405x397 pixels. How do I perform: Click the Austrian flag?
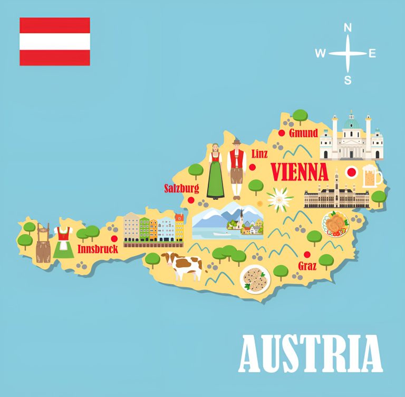[54, 42]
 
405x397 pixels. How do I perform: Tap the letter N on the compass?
[348, 28]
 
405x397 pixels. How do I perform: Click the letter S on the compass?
[348, 80]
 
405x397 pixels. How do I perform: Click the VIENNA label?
[300, 172]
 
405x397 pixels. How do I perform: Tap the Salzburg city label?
[181, 188]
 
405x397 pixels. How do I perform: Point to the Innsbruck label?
[98, 248]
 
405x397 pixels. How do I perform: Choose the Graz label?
[307, 266]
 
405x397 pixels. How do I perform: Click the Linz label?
[259, 154]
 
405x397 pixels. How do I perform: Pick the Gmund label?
[303, 133]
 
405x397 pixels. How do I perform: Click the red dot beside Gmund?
[282, 133]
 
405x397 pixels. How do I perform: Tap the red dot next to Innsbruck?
[114, 238]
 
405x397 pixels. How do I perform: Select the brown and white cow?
[183, 265]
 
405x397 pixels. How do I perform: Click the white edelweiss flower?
[279, 199]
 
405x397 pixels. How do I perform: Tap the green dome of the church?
[352, 123]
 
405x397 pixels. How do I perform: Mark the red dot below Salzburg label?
[191, 200]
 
